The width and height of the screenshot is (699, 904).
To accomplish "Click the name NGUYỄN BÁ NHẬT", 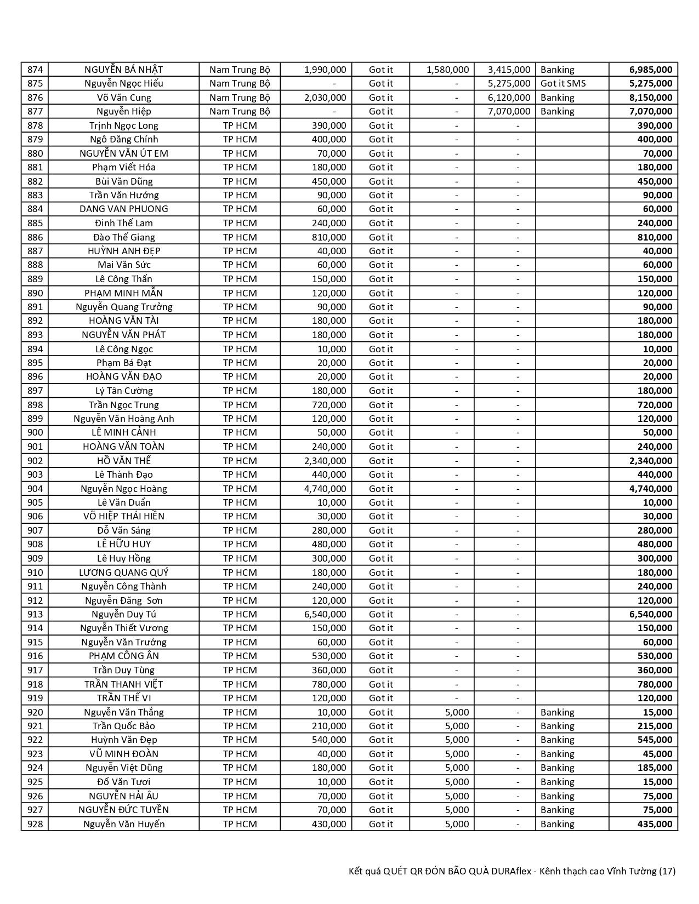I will [x=123, y=70].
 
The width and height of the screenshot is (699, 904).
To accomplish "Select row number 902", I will [x=35, y=461].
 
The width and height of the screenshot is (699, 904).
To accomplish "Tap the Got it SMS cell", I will [x=562, y=83].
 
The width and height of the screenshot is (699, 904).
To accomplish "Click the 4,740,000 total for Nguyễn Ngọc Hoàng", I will [x=650, y=489].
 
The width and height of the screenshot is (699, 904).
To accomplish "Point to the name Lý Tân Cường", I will [x=123, y=391].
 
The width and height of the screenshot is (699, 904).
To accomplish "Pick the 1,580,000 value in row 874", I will [x=447, y=70].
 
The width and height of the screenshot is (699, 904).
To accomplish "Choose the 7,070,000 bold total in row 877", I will [x=650, y=111].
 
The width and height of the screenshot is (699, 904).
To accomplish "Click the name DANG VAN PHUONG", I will [x=123, y=209].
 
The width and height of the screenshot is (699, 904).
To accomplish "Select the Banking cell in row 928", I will [x=557, y=824].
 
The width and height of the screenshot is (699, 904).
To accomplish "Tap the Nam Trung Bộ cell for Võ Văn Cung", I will [x=240, y=98].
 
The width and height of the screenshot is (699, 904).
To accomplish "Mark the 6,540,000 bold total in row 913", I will [x=650, y=614].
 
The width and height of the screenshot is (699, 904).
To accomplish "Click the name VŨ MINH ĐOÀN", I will [x=123, y=754].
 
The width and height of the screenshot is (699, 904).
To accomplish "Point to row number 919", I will [x=35, y=698].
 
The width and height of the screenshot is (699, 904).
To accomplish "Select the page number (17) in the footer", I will [x=667, y=871].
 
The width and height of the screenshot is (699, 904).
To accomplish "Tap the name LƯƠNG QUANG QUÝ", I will [x=123, y=573].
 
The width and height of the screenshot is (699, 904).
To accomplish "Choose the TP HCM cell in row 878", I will [x=240, y=125].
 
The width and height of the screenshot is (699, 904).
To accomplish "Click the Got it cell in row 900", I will [x=380, y=432].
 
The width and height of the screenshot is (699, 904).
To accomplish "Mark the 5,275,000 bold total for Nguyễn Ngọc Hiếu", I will [x=650, y=83].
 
